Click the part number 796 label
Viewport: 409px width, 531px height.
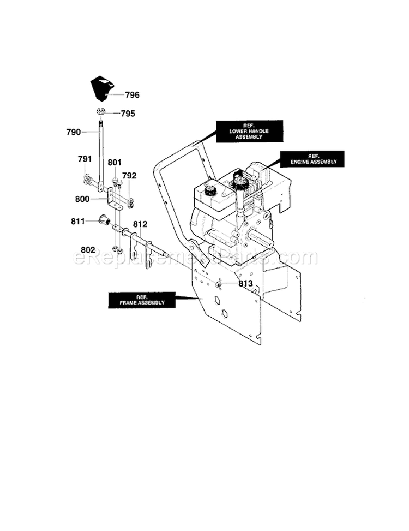click(x=132, y=95)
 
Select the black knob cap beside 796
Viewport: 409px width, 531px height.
click(x=101, y=88)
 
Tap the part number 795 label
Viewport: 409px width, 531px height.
click(x=127, y=114)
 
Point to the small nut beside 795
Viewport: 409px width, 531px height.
click(x=101, y=112)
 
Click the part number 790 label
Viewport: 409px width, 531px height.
click(x=73, y=132)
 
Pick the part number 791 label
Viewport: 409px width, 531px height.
click(x=85, y=159)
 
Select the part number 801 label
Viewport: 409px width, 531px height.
click(x=115, y=162)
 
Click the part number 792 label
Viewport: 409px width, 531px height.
click(x=129, y=176)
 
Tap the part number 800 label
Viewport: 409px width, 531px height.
click(x=82, y=200)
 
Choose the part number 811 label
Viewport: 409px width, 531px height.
click(x=79, y=222)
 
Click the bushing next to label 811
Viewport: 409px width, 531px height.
click(x=102, y=220)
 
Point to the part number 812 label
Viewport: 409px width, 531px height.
click(x=140, y=224)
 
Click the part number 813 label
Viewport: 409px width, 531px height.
click(x=245, y=284)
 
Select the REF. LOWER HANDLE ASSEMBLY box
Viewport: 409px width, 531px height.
click(x=242, y=131)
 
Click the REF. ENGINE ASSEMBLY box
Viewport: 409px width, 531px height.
click(x=309, y=158)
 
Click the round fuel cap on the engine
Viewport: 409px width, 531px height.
click(x=208, y=190)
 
